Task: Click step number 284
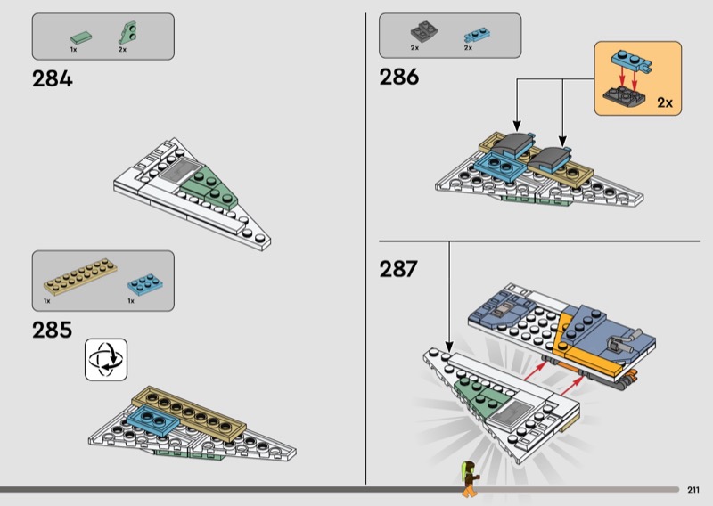tap(53, 78)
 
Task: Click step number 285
tap(53, 331)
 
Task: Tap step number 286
tap(399, 78)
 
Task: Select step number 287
tap(398, 268)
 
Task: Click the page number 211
tap(693, 489)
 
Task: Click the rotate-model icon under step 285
tap(106, 359)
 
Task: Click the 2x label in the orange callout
tap(665, 103)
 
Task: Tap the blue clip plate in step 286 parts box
tap(473, 35)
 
